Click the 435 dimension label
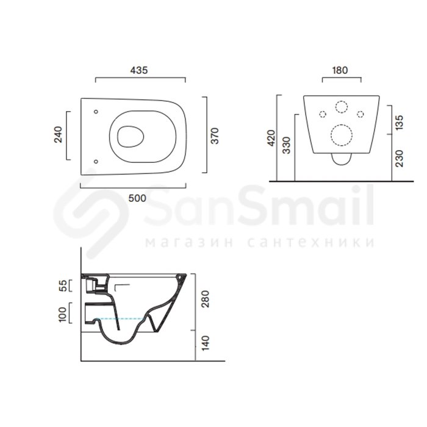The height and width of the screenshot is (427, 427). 139,70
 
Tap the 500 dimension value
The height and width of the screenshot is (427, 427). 137,198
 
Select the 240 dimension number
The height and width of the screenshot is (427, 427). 59,135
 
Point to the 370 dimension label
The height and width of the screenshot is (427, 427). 215,135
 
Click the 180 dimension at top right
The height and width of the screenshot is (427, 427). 340,70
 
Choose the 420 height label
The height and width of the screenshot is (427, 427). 271,138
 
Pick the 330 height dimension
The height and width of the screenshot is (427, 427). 287,146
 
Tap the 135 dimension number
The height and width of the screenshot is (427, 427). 399,122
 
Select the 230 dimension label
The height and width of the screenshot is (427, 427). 399,159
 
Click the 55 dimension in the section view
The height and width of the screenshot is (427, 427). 63,285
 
